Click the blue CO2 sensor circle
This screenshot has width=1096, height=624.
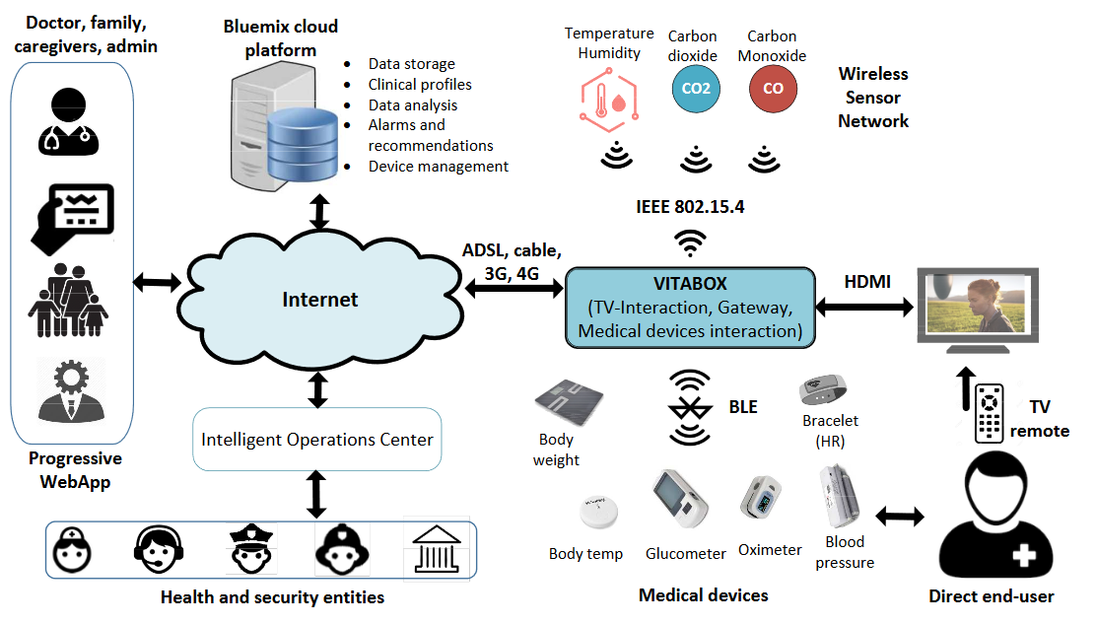[696, 90]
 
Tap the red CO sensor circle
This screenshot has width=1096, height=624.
[773, 90]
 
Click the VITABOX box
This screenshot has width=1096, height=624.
[690, 307]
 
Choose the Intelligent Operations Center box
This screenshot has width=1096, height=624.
[317, 440]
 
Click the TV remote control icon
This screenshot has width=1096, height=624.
[989, 414]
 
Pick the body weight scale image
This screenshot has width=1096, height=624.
[569, 400]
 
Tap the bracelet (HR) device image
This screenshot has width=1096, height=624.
[824, 389]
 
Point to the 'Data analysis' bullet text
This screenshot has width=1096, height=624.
[413, 104]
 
